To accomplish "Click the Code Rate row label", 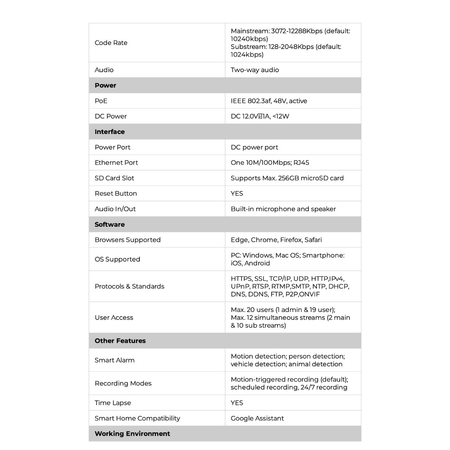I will point(111,43).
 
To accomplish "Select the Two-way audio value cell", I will point(255,70).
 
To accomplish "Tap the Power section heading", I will point(105,85).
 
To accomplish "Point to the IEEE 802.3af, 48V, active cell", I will point(269,101).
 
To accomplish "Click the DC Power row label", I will point(111,116).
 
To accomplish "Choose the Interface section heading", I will point(110,132).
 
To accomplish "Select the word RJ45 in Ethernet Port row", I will point(301,163).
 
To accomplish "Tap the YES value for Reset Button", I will point(237,193).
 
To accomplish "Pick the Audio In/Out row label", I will point(116,209).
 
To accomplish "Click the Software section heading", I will point(110,225).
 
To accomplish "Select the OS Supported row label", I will point(117,259).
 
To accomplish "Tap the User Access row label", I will point(114,317).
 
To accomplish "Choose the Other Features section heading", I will point(120,341).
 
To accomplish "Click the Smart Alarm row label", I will point(115,360).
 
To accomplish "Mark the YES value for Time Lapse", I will point(237,403).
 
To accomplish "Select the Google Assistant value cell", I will point(258,418).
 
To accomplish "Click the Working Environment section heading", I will point(132,434).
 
